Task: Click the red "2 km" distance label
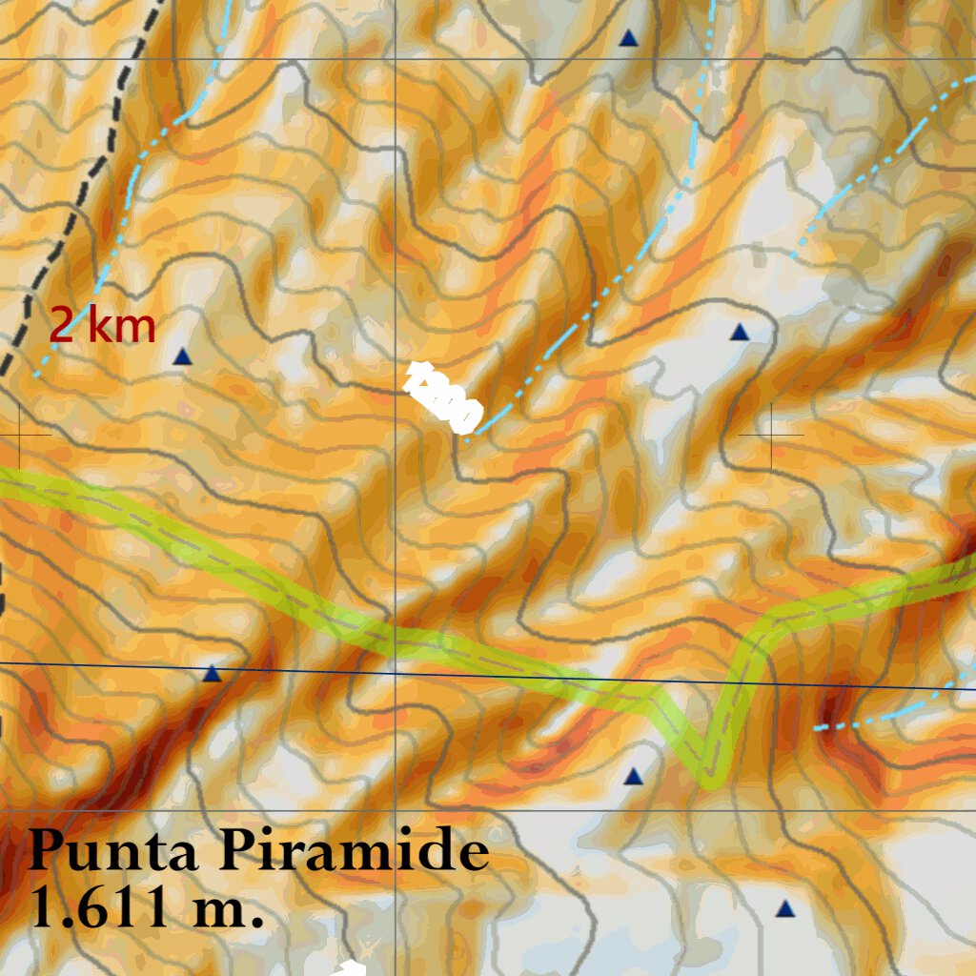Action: [x=102, y=326]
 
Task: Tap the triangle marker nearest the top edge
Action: [x=628, y=38]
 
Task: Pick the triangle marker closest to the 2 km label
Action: [x=183, y=356]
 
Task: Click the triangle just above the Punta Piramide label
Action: [x=212, y=674]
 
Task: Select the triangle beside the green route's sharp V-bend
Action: [x=634, y=777]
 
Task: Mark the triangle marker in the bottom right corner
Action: [x=785, y=909]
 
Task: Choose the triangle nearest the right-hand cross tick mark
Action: [x=740, y=332]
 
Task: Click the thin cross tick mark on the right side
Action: [x=771, y=434]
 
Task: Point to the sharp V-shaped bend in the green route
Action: [x=709, y=777]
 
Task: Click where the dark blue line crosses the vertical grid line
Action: [x=396, y=673]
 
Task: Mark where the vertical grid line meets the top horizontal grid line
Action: [x=396, y=59]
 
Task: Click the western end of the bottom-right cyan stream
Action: [x=818, y=728]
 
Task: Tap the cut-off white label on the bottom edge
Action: [x=351, y=969]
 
